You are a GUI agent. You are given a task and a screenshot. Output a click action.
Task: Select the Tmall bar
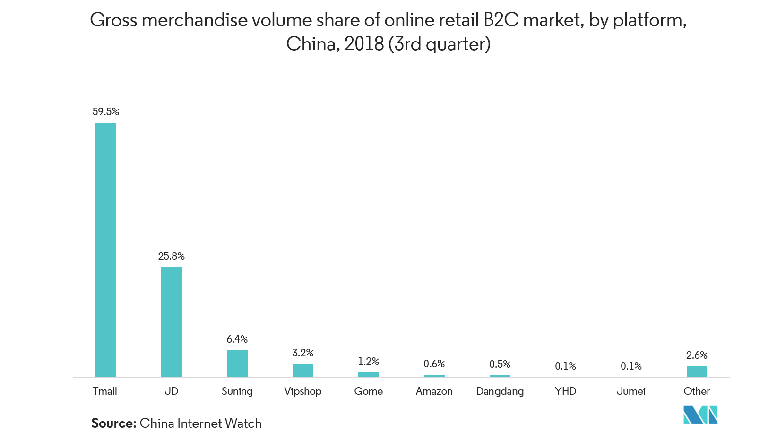click(106, 250)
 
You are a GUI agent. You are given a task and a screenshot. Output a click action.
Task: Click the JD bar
click(172, 322)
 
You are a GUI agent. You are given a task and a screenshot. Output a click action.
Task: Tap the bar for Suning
click(237, 363)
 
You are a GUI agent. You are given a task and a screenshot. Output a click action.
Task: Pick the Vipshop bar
click(303, 370)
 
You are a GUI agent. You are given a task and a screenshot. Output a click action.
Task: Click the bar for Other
click(697, 371)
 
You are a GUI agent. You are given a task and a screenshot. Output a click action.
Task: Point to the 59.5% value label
click(106, 112)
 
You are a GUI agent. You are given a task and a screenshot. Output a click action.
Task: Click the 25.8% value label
click(172, 256)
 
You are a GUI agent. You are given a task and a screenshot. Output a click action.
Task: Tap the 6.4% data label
click(237, 339)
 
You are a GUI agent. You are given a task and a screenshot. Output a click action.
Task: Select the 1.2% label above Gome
click(369, 362)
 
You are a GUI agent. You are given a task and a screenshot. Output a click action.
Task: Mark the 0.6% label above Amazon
click(434, 364)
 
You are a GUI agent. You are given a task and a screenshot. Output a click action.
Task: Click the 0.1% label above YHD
click(566, 366)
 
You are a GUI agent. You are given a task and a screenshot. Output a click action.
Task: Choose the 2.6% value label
click(697, 355)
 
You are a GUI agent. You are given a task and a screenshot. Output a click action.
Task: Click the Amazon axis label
click(434, 391)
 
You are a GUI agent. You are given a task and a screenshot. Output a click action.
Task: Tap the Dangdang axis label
click(500, 391)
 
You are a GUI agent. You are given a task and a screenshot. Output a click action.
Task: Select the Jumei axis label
click(631, 391)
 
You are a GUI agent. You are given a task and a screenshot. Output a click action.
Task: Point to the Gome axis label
click(369, 391)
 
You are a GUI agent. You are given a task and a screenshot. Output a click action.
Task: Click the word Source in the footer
click(113, 423)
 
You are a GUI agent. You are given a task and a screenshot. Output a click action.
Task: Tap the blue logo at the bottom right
click(700, 415)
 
